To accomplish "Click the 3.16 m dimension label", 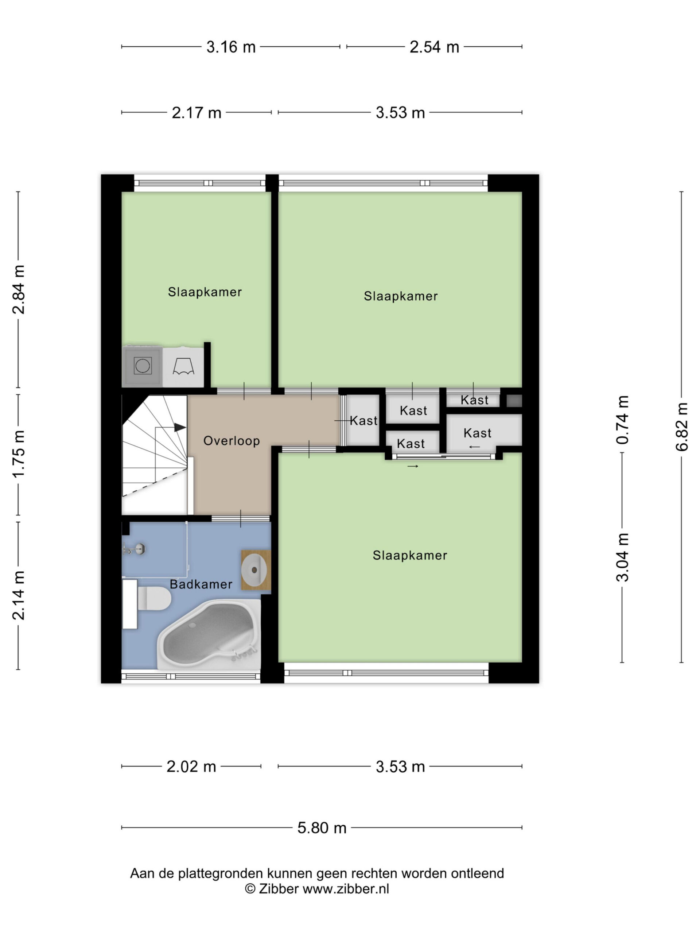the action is coord(231,47).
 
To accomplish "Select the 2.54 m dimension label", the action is coord(434,47).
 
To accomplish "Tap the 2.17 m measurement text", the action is coord(196,113).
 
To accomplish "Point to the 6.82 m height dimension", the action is coord(681,427).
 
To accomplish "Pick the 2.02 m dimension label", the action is coord(191,767).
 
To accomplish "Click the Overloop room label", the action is coord(231,441).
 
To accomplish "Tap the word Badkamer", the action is coord(201,584).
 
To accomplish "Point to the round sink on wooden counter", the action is coord(254,570).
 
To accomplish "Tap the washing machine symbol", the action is coord(143,366).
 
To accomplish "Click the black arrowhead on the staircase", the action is coord(180,427).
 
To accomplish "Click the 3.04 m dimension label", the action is coord(622,557).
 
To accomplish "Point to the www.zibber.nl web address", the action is coord(346,889).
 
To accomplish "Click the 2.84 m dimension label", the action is coord(19,290).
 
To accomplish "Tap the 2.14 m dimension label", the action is coord(19,595).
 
